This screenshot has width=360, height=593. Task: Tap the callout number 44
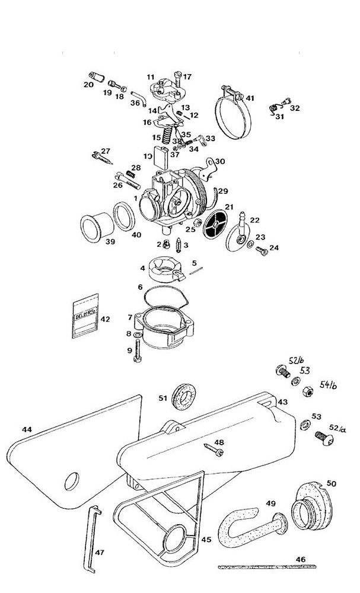(x=27, y=429)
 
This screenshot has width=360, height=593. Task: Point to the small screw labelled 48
(x=214, y=450)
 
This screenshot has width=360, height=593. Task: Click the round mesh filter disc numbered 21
(x=215, y=225)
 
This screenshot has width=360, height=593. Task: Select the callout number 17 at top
(x=187, y=76)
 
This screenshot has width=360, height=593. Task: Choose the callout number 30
(x=220, y=161)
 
